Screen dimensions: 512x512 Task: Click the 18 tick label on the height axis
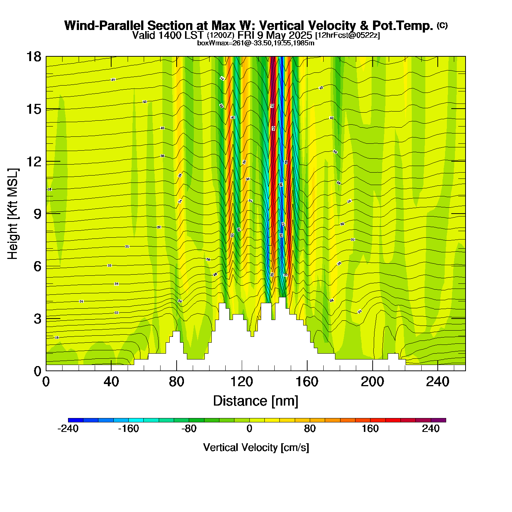tap(33, 57)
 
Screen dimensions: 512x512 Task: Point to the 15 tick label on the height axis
tap(33, 109)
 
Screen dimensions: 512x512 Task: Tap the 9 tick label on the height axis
tap(37, 214)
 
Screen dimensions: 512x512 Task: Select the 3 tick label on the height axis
tap(37, 319)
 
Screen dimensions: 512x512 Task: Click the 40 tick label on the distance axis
tap(111, 382)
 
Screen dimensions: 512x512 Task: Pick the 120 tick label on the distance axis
tap(242, 382)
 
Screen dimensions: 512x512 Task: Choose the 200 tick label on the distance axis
tap(372, 382)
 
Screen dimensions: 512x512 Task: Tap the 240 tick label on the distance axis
tap(437, 382)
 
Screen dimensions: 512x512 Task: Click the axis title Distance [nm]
tap(256, 401)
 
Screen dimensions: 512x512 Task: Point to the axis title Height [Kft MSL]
tap(13, 214)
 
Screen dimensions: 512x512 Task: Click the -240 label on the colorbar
tap(68, 429)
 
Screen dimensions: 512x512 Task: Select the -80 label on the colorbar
tap(189, 429)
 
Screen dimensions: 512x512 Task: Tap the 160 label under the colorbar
tap(370, 429)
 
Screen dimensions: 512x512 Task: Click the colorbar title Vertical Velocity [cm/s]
tap(256, 448)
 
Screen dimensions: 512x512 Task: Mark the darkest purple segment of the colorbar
tap(438, 420)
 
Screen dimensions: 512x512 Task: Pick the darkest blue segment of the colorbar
tap(76, 420)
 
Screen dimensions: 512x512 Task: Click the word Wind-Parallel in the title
tap(105, 26)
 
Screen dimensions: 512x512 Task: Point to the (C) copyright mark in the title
tap(442, 25)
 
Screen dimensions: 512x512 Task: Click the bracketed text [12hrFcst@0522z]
tap(347, 35)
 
